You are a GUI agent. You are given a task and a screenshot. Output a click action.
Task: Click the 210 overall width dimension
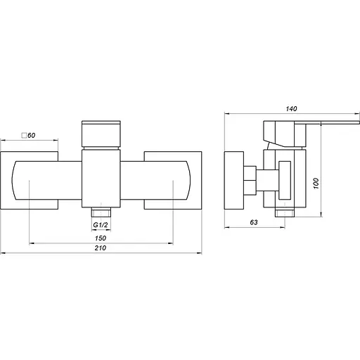point(101,248)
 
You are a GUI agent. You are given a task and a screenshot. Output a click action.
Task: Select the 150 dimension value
point(101,238)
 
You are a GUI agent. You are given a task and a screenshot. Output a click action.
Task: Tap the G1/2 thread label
point(101,225)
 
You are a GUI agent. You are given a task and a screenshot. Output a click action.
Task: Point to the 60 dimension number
point(32,136)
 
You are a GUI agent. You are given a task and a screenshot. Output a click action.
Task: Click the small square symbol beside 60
point(24,136)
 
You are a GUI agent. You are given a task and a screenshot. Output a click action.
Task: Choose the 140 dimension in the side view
point(291,109)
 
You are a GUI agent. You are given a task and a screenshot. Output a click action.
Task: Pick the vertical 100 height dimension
point(316,184)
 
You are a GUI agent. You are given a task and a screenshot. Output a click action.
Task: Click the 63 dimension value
point(254,222)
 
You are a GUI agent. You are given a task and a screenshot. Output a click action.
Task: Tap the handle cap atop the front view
point(101,134)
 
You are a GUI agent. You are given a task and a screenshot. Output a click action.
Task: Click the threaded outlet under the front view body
point(101,212)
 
